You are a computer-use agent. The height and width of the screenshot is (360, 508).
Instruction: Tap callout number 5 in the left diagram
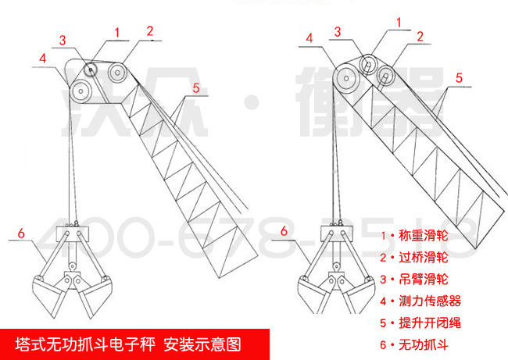pos(196,87)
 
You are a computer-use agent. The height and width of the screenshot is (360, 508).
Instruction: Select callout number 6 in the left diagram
pos(20,232)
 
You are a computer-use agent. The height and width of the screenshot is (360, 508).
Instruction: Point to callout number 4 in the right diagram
pos(310,37)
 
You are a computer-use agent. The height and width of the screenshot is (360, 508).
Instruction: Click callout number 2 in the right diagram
pos(420,35)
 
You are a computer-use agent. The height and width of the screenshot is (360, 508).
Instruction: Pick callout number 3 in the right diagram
pos(338,31)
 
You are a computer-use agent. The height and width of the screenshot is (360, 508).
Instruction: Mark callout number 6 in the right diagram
pos(285,230)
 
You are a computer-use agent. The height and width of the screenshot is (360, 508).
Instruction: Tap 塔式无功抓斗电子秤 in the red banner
pos(85,344)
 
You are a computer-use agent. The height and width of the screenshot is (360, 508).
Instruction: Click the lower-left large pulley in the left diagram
pos(80,92)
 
